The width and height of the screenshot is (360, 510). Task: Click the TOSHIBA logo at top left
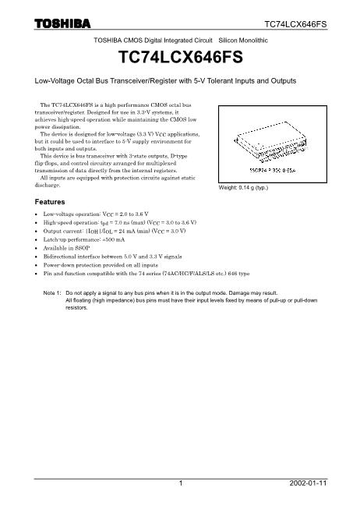(62, 23)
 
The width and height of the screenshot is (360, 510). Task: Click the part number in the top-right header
(295, 24)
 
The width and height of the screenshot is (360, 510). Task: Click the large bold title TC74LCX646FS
(181, 57)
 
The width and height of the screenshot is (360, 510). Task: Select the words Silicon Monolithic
(243, 41)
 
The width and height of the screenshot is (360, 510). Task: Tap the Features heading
(50, 202)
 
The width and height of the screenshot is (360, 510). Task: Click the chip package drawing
(271, 142)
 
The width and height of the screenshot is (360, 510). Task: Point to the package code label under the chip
(273, 171)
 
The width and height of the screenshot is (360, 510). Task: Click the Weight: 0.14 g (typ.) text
(243, 188)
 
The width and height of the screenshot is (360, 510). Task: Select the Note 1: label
(52, 293)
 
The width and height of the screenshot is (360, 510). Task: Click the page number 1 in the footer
(181, 483)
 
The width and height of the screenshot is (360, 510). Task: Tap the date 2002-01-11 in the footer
(308, 483)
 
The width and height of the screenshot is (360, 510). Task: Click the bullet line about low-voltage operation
(96, 214)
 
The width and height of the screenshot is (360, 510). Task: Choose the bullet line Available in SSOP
(66, 248)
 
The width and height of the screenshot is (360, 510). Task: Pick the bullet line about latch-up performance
(84, 239)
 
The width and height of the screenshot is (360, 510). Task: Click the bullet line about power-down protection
(101, 265)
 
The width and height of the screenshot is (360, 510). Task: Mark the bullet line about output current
(115, 231)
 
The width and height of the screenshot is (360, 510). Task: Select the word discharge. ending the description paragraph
(48, 185)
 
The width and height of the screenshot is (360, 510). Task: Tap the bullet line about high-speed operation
(120, 222)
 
